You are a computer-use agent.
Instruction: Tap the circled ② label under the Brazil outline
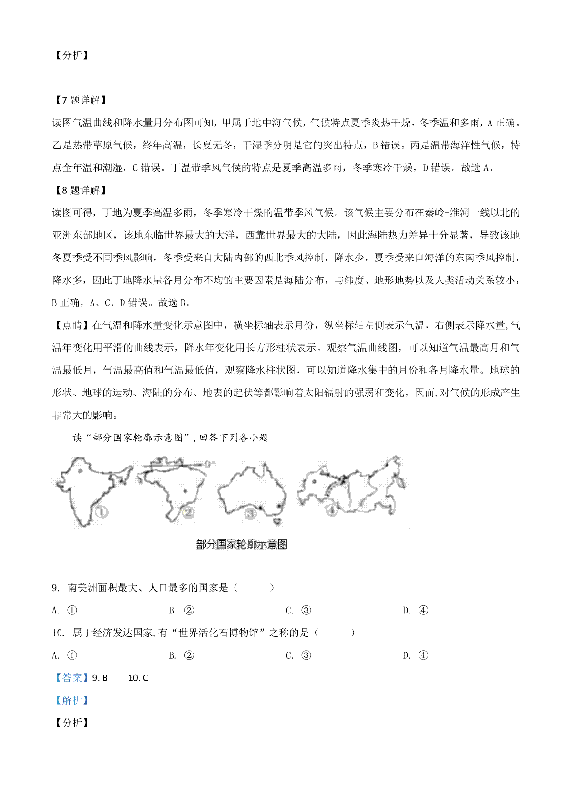pos(189,512)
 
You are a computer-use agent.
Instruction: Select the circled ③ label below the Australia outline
pos(250,514)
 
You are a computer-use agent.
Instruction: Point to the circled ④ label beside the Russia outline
pos(331,509)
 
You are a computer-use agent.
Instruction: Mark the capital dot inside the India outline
pos(80,471)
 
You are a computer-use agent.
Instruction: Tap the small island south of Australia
pos(280,519)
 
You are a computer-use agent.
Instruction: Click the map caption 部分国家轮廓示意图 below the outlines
pos(242,544)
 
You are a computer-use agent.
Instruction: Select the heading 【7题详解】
pos(79,100)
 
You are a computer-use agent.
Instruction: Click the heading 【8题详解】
pos(79,190)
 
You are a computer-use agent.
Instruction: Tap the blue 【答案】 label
pos(72,678)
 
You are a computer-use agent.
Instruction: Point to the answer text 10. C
pos(138,678)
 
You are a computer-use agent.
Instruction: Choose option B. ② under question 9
pos(182,610)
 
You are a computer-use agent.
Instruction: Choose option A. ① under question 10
pos(64,655)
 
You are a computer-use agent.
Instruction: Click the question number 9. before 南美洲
pos(56,588)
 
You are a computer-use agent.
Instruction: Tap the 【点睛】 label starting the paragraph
pos(72,325)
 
